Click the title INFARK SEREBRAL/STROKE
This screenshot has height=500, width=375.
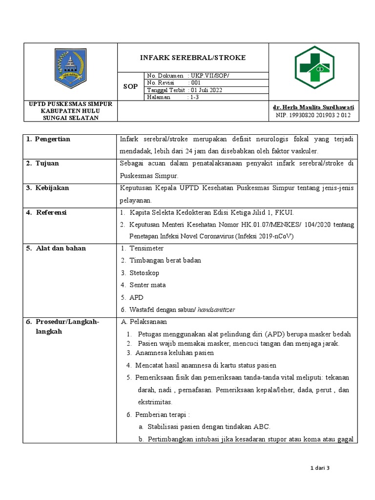tap(193, 58)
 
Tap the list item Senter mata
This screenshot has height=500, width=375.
tap(147, 285)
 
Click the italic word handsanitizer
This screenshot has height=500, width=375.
tap(216, 310)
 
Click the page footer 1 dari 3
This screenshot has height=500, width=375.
tap(320, 468)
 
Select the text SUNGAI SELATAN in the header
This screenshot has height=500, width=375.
tap(70, 118)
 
